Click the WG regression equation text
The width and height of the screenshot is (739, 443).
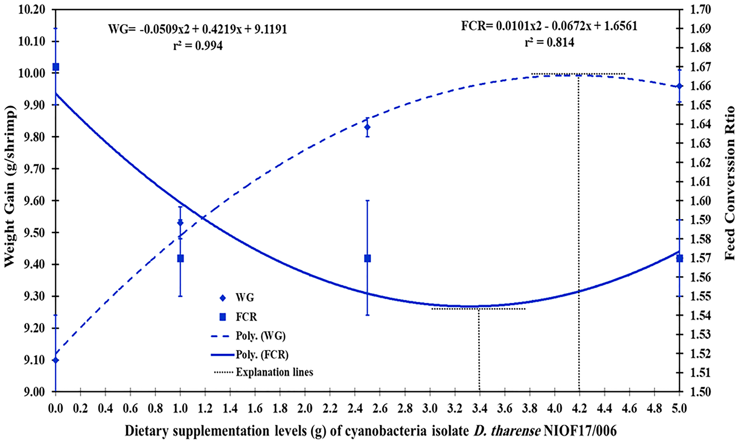(197, 29)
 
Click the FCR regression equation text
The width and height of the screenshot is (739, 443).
(549, 26)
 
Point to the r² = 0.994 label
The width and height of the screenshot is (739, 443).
(198, 46)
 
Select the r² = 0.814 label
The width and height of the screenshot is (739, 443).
(550, 43)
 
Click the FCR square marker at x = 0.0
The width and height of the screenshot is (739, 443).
(56, 66)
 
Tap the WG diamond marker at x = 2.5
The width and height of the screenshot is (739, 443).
(367, 127)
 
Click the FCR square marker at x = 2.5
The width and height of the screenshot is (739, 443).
(367, 259)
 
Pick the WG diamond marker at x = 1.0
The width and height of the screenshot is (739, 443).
(180, 223)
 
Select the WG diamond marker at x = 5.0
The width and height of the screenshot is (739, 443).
(679, 86)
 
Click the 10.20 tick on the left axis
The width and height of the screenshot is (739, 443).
(32, 10)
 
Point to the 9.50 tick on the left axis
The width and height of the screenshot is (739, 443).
(32, 233)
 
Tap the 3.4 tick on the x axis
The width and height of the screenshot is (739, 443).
(479, 408)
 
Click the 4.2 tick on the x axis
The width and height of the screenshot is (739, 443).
(579, 408)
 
